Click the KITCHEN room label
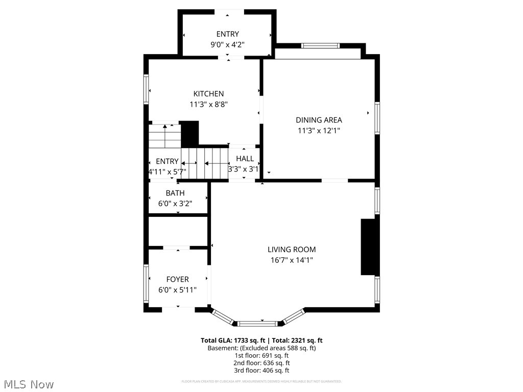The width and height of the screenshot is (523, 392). coord(208,94)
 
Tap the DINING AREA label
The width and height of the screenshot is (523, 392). coord(319,120)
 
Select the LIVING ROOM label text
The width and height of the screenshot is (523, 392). coord(292,250)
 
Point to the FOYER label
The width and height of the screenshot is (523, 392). coord(177,279)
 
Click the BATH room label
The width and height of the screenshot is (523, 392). coord(175,193)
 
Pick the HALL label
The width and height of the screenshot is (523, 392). coord(245,159)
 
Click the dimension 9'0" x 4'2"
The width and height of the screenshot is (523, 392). coord(227,44)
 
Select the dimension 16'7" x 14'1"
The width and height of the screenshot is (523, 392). coord(292,260)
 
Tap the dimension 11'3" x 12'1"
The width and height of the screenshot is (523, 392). coord(319,131)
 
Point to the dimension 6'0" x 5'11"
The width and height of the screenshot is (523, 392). coord(177,290)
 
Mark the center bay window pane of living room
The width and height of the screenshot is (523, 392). coord(258,323)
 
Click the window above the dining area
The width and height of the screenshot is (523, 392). coord(320,45)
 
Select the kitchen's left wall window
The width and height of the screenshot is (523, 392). coord(146,90)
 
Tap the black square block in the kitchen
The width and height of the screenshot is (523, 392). coord(190,133)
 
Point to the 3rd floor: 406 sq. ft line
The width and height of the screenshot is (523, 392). coord(261,371)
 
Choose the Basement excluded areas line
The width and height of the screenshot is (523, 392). coord(261,348)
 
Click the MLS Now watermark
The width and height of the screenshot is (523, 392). coord(29,384)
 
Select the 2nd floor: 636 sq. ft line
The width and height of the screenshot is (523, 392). coord(261,363)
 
